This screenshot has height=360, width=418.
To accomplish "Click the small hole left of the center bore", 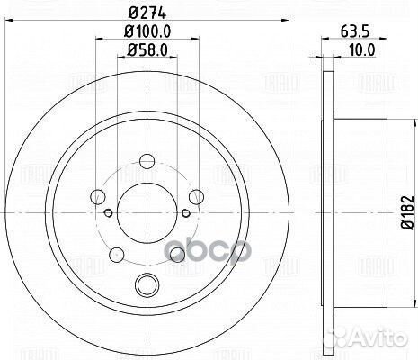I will [x=108, y=212].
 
